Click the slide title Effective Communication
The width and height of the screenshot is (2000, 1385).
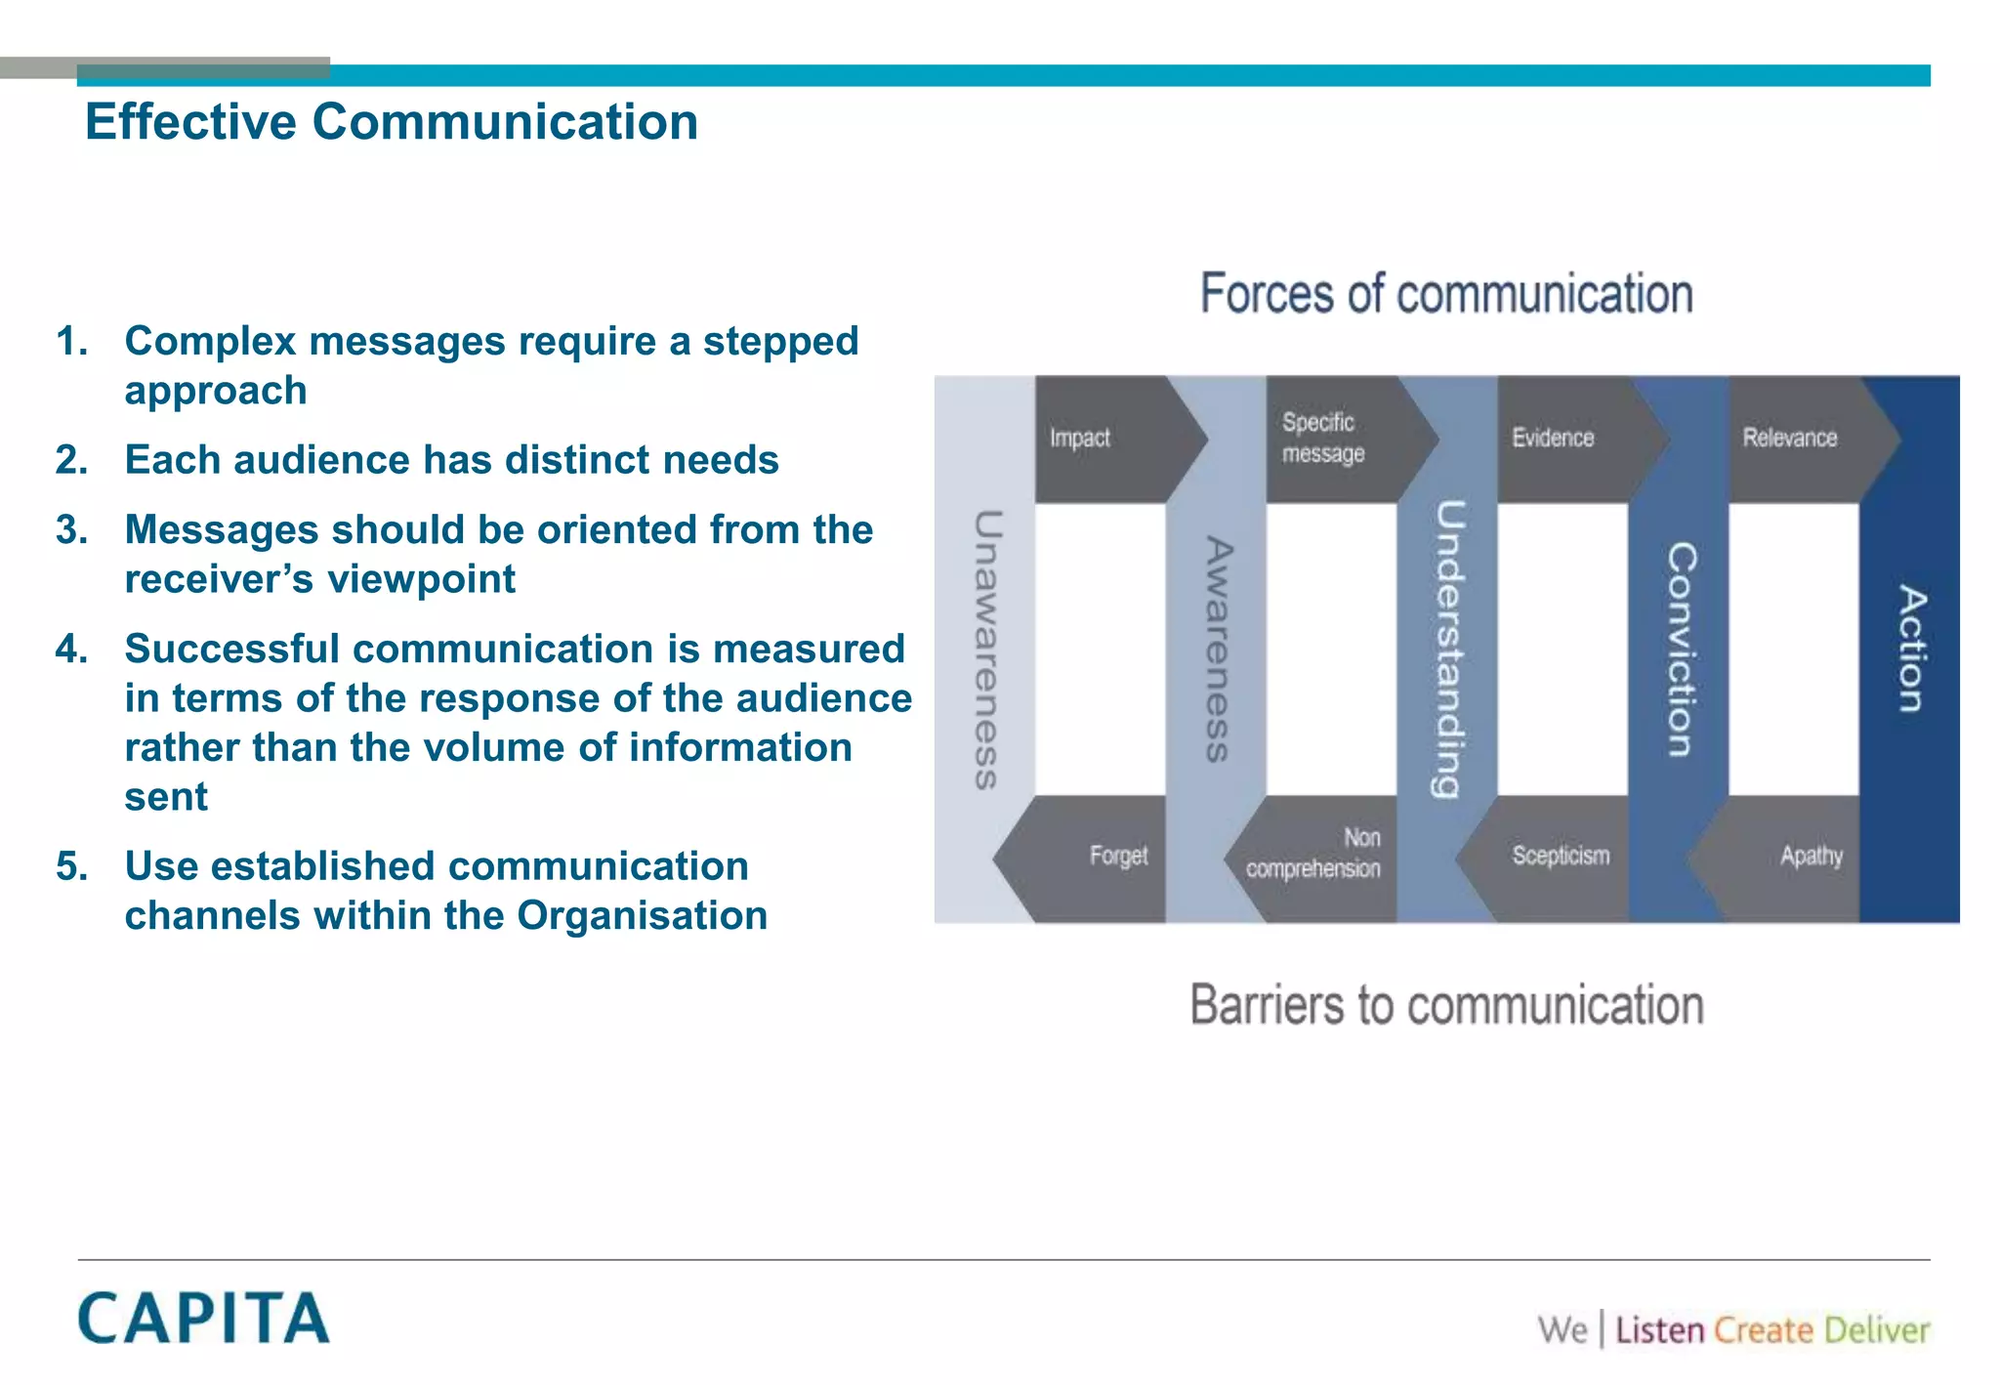pyautogui.click(x=392, y=123)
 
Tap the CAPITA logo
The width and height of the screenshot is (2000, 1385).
pyautogui.click(x=203, y=1318)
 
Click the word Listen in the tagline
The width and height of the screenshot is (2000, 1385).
pyautogui.click(x=1659, y=1330)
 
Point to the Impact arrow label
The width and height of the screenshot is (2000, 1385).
pyautogui.click(x=1080, y=439)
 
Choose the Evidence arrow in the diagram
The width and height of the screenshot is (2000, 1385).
pyautogui.click(x=1553, y=439)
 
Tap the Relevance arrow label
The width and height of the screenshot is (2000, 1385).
pyautogui.click(x=1789, y=439)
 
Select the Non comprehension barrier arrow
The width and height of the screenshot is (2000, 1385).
pyautogui.click(x=1313, y=855)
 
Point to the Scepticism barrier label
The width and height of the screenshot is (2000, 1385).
pyautogui.click(x=1560, y=857)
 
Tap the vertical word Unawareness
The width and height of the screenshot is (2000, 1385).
pyautogui.click(x=986, y=650)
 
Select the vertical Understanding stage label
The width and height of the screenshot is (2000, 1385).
pyautogui.click(x=1448, y=650)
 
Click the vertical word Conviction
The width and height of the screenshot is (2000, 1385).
pyautogui.click(x=1681, y=650)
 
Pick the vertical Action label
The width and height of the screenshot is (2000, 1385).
pyautogui.click(x=1911, y=650)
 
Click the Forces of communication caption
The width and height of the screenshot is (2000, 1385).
pyautogui.click(x=1446, y=294)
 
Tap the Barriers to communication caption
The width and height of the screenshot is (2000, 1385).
pyautogui.click(x=1446, y=1005)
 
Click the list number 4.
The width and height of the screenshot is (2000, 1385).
pyautogui.click(x=71, y=650)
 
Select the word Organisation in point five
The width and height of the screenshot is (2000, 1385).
pyautogui.click(x=642, y=916)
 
